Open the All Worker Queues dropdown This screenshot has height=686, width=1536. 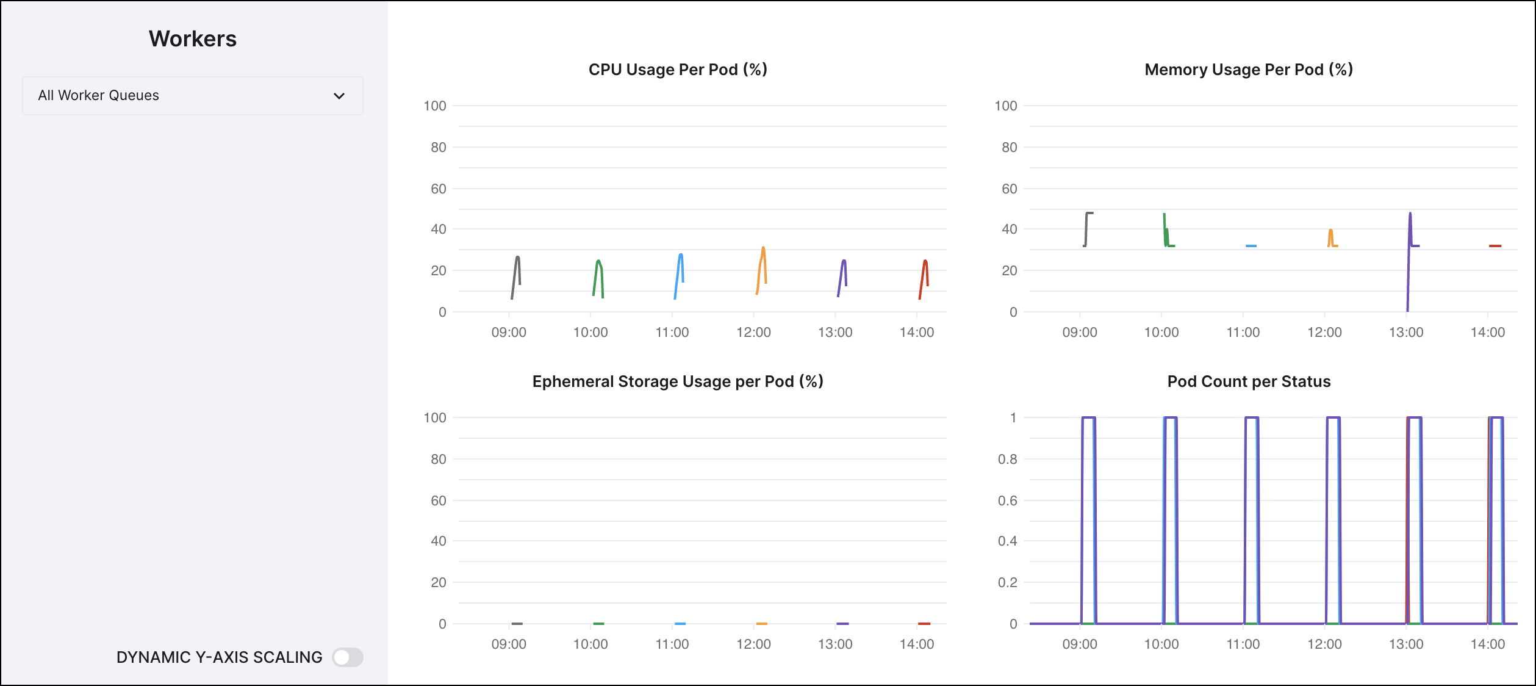(192, 96)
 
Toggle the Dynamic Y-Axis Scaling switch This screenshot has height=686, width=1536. (348, 657)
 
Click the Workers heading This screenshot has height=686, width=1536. (192, 39)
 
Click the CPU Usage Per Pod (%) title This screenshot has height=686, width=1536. (677, 70)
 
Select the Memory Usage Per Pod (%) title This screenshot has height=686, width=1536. (1248, 70)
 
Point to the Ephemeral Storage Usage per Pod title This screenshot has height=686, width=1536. (677, 381)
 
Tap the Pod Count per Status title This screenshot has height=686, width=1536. (1248, 381)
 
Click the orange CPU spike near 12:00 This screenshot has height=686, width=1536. (762, 262)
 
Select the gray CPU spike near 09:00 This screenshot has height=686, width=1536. (517, 269)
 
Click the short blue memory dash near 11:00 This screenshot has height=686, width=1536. (1251, 246)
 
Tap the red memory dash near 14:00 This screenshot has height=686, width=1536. (1495, 246)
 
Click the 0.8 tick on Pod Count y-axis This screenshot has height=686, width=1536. (1007, 459)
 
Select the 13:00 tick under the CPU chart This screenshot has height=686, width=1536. (834, 333)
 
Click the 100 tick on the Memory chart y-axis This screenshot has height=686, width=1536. (1005, 106)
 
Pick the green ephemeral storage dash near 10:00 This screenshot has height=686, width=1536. (598, 624)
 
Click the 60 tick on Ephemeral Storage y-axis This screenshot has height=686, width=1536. (438, 500)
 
